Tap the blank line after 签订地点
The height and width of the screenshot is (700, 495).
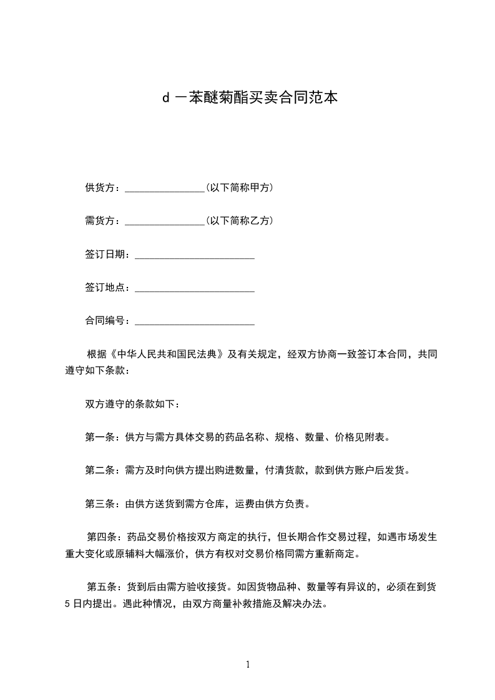(x=194, y=290)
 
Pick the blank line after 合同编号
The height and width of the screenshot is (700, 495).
(x=194, y=324)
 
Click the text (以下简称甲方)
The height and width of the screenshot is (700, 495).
(x=239, y=187)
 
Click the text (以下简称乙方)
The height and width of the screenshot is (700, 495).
(x=239, y=221)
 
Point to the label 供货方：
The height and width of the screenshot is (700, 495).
(x=105, y=187)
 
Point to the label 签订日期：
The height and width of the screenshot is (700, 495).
(x=110, y=255)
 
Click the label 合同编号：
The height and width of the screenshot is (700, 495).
(x=110, y=321)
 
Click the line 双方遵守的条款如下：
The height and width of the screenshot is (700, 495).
(x=133, y=404)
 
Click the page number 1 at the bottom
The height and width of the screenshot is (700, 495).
(x=248, y=665)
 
